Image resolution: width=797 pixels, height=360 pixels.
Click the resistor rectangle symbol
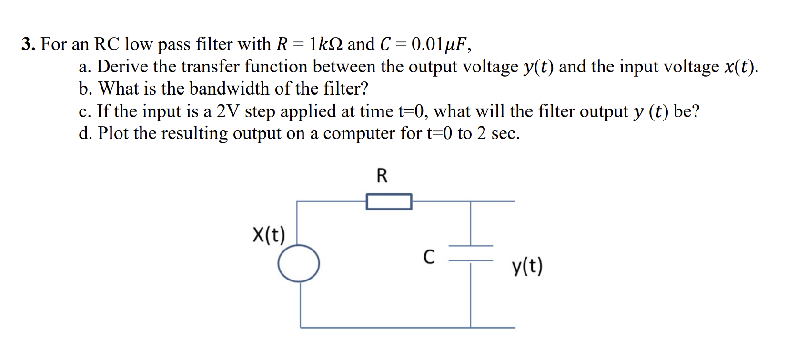pos(389,201)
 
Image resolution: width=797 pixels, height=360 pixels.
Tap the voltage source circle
pos(299,263)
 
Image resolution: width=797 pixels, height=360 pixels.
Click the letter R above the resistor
pos(382,176)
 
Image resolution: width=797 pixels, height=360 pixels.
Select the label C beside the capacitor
pos(429,257)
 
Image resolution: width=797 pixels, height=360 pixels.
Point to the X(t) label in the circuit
pos(269,235)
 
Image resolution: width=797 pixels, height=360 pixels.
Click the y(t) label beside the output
pos(527,267)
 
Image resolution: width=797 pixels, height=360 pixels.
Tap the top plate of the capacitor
pos(471,246)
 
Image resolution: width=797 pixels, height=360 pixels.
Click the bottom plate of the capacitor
pos(471,261)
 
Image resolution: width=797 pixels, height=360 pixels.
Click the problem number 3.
pos(28,44)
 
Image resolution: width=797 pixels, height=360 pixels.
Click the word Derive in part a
pos(122,67)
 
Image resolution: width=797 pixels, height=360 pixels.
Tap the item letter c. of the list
pos(85,111)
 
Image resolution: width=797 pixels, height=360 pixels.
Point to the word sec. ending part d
pos(505,133)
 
